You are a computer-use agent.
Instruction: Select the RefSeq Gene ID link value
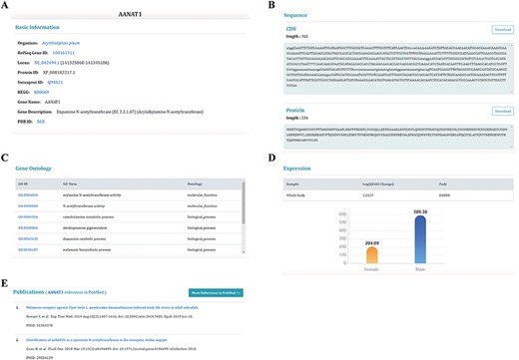[x=64, y=54]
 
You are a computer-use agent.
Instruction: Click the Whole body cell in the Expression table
[x=295, y=194]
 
